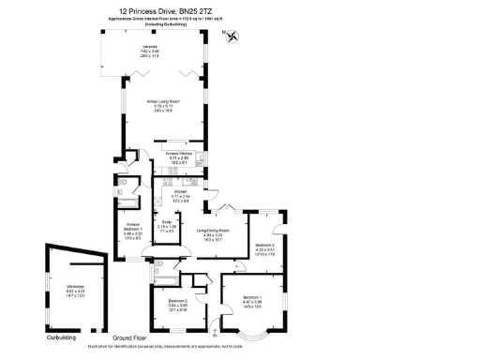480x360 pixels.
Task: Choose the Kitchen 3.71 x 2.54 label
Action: point(180,194)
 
